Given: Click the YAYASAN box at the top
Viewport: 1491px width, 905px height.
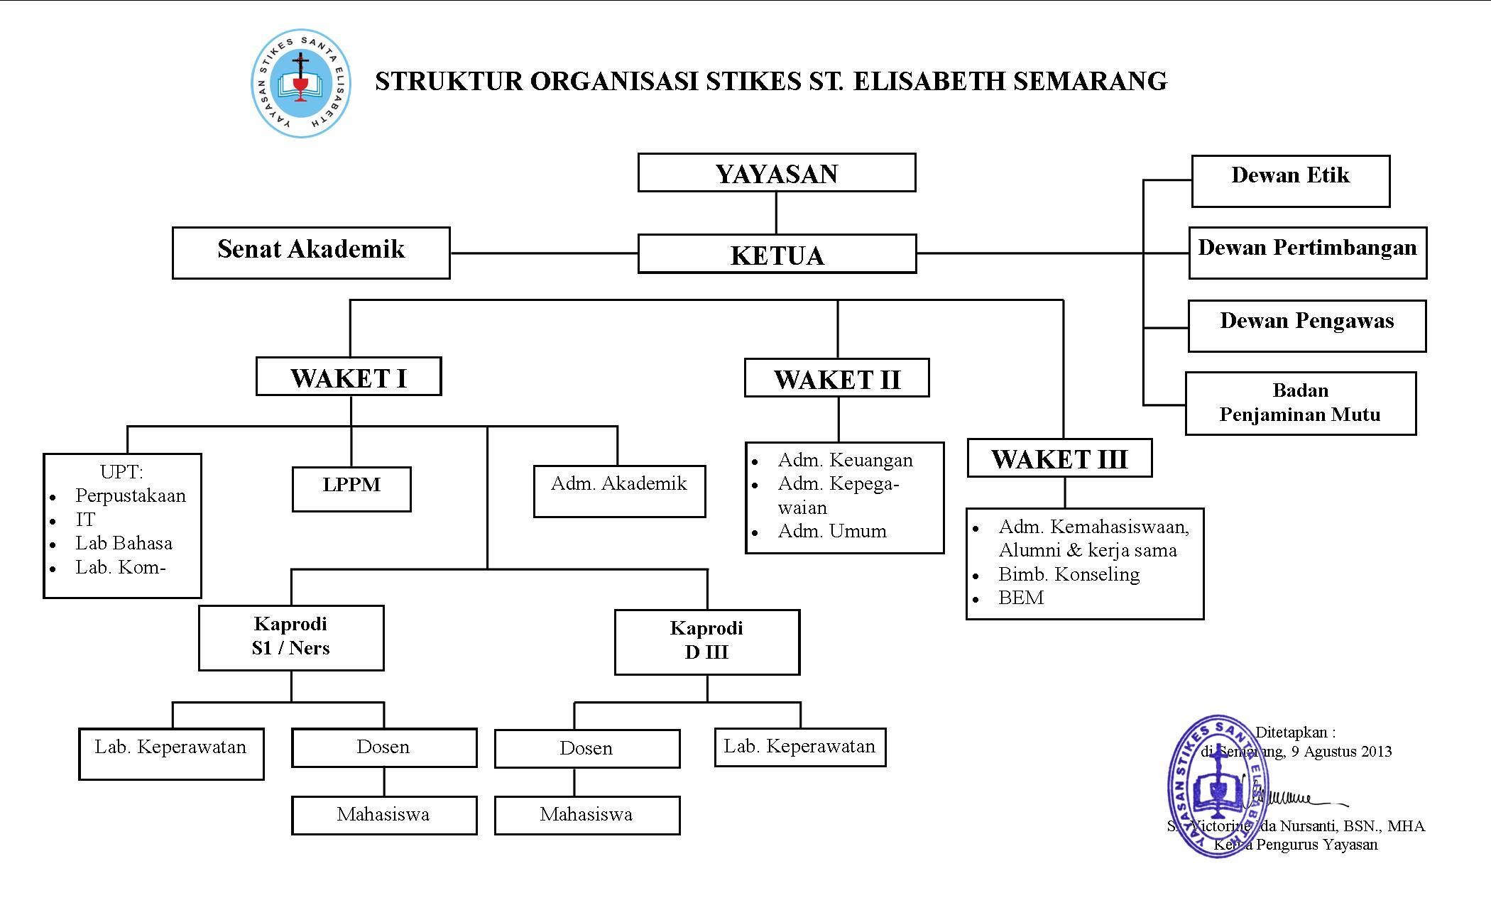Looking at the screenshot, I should pos(777,173).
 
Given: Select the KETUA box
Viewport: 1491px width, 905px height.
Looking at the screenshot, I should pos(777,254).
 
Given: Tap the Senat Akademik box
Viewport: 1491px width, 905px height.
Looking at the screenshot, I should pos(311,253).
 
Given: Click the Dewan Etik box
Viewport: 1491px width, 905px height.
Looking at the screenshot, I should pos(1290,181).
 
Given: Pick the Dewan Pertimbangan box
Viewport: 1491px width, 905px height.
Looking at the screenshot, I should pos(1307,253).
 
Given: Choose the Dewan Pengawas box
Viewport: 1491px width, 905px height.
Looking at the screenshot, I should pos(1306,326).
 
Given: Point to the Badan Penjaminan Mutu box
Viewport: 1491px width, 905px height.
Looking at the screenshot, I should pos(1300,403).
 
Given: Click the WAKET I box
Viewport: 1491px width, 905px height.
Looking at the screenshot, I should pos(349,377).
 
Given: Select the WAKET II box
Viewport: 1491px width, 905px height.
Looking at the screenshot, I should pos(836,378).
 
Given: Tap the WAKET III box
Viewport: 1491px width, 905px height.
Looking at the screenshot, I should pos(1059,458).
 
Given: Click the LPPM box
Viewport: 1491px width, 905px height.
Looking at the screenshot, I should pos(351,489).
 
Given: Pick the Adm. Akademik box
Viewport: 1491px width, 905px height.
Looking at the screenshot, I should pos(619,491).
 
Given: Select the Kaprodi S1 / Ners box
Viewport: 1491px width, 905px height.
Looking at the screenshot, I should pos(291,637).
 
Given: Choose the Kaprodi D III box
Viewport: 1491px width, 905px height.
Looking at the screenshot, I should pos(706,642).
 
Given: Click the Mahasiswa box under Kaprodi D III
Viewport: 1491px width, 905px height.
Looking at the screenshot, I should pos(586,815).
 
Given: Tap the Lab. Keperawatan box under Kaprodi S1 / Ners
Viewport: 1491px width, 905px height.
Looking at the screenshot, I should pos(171,754).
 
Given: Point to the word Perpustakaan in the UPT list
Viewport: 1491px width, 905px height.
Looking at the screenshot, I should pos(131,495).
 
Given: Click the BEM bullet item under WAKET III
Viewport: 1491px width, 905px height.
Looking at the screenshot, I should pos(1021,598).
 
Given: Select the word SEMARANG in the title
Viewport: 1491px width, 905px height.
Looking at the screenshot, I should pos(1090,81).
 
